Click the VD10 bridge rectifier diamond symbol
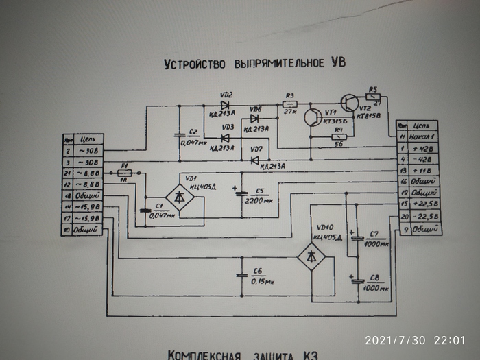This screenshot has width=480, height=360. point(311,255)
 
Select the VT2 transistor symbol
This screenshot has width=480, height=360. point(349,104)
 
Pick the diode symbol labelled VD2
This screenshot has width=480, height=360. point(226,105)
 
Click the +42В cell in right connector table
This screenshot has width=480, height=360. point(424,148)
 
